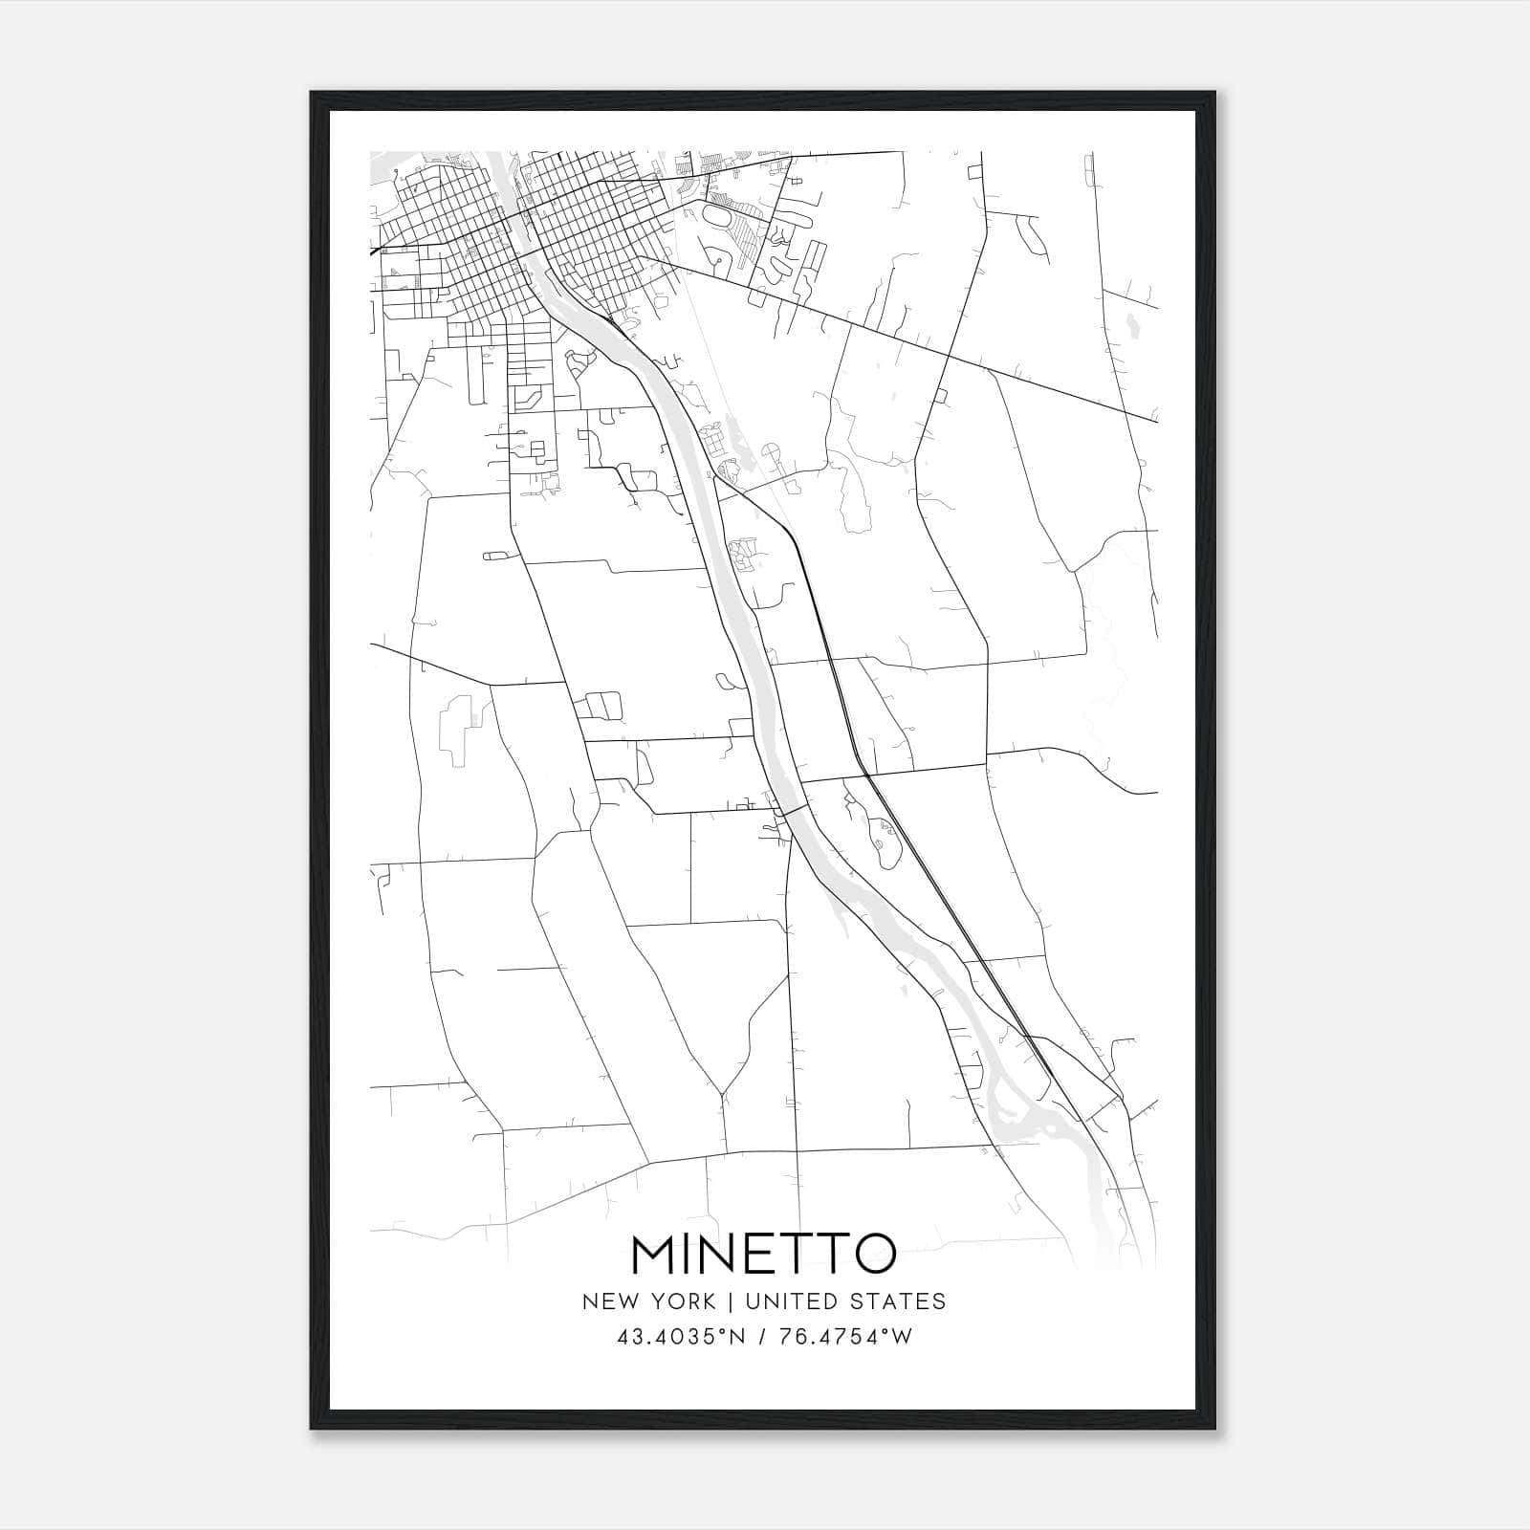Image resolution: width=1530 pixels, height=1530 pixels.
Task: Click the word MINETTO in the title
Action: point(764,1254)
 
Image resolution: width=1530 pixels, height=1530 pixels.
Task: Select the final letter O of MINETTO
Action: point(874,1254)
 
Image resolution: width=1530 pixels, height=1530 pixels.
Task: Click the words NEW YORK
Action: point(648,1301)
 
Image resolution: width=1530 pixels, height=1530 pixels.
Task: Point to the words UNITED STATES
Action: point(845,1301)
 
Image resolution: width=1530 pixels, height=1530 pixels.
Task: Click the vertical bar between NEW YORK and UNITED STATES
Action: point(730,1301)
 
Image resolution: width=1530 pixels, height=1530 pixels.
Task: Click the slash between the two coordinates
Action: point(762,1337)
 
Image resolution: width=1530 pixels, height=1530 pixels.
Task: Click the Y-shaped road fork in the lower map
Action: point(723,1091)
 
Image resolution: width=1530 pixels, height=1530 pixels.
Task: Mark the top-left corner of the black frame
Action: point(312,93)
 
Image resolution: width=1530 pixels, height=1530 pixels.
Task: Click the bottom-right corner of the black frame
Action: point(1215,1429)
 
